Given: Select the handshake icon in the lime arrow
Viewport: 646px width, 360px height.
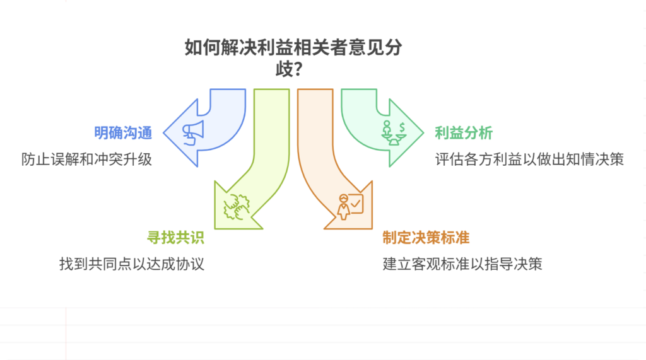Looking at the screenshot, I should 237,204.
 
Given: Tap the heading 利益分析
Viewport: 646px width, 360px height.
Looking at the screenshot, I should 464,134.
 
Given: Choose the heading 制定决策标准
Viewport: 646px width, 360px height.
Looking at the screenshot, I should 426,238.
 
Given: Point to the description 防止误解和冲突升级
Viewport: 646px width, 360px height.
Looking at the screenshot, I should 86,159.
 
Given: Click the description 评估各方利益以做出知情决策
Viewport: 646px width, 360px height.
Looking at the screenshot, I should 529,159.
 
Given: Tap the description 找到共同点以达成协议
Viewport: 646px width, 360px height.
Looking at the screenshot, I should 132,264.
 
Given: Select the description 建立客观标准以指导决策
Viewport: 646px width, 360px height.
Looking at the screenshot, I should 462,264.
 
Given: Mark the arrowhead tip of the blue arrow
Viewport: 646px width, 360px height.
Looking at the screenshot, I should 163,132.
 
